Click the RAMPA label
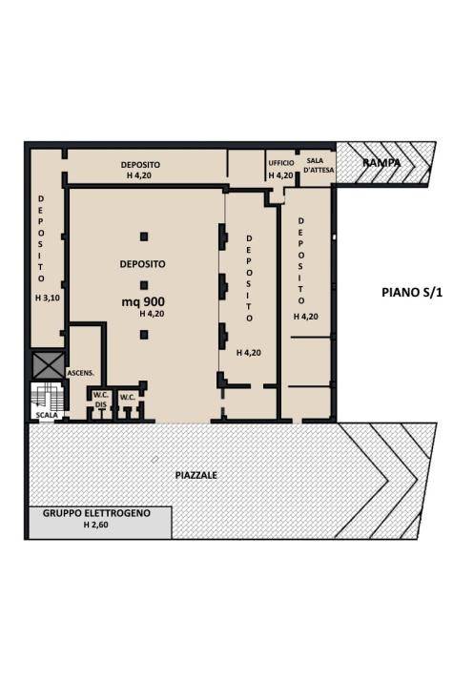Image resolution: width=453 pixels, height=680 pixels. (381, 163)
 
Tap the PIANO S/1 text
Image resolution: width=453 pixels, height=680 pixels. (406, 292)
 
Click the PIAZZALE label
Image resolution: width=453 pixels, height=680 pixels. (197, 474)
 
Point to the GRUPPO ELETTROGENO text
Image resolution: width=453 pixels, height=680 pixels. (96, 513)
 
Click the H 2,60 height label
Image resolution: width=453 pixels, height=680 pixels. (96, 525)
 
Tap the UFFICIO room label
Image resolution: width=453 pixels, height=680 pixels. (281, 163)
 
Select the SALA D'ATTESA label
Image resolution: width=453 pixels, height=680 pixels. (319, 165)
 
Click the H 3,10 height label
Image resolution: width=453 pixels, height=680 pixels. (44, 299)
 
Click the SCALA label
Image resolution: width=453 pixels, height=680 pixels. (46, 416)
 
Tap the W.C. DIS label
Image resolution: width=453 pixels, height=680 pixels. (99, 401)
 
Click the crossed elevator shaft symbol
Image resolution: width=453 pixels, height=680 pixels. (46, 364)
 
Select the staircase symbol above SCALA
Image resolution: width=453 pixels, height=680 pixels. (46, 395)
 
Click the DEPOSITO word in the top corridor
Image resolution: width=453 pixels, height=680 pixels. (140, 164)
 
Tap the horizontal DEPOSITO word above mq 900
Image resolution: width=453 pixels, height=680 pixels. (142, 263)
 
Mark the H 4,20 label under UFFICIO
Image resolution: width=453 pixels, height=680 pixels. (280, 175)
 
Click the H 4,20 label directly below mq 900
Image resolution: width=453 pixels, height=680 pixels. (152, 313)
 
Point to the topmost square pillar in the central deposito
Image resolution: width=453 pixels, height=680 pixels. (143, 237)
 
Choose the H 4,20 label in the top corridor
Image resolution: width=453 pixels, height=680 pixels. (141, 175)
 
